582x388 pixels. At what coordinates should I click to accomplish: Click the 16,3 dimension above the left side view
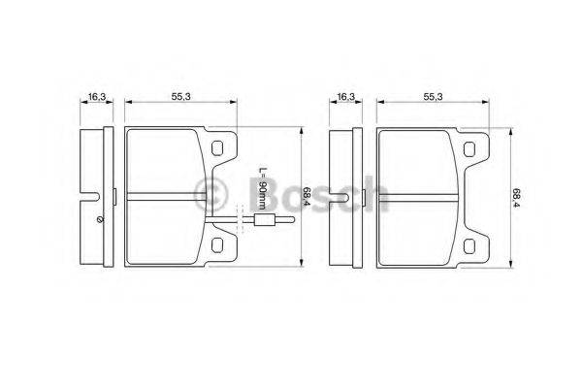(x=97, y=97)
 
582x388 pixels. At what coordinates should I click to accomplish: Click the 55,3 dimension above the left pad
(x=180, y=97)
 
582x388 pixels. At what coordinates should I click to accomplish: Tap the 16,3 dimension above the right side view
(x=346, y=97)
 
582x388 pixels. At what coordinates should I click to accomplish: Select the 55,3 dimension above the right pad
(x=434, y=97)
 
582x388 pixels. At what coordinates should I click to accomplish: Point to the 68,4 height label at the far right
(x=517, y=198)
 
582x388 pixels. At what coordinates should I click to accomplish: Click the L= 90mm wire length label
(x=262, y=188)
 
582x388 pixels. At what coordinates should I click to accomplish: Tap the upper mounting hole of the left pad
(x=217, y=148)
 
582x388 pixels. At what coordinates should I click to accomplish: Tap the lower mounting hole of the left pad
(x=217, y=244)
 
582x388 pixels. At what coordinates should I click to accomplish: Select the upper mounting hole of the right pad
(x=469, y=148)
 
